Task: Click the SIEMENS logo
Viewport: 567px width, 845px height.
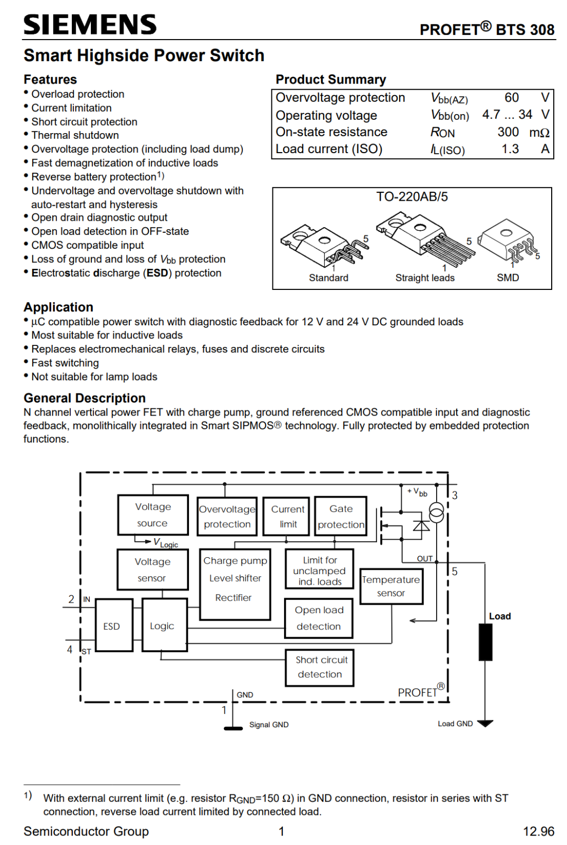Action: click(x=90, y=25)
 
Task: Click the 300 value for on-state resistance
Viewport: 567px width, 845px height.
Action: click(x=508, y=132)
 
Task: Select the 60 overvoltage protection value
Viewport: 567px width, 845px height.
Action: click(x=512, y=98)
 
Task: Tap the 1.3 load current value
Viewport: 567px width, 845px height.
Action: click(x=509, y=149)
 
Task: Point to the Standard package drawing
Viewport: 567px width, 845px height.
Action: click(x=324, y=245)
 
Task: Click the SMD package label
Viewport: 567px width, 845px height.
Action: click(x=508, y=278)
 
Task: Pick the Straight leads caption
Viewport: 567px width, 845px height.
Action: click(x=425, y=278)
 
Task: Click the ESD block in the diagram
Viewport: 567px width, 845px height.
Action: click(x=114, y=625)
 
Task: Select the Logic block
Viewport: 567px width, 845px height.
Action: click(x=164, y=625)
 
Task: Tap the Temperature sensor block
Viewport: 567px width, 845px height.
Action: click(x=391, y=586)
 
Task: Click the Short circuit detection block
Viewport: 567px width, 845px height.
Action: click(x=319, y=668)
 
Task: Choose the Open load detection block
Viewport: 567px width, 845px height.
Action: click(x=318, y=618)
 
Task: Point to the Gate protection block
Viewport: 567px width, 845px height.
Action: click(x=341, y=516)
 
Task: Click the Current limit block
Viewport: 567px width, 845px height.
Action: click(x=286, y=516)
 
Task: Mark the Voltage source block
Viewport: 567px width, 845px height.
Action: click(x=153, y=515)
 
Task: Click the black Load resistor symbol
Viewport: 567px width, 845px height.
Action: click(x=485, y=642)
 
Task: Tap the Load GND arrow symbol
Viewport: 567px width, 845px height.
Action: click(x=485, y=724)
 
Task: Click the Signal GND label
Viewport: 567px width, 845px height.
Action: click(x=269, y=725)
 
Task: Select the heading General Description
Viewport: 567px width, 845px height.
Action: click(x=84, y=398)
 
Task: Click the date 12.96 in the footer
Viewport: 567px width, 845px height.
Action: click(x=538, y=831)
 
